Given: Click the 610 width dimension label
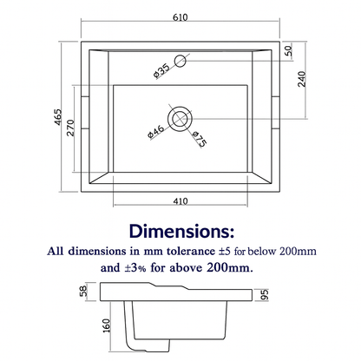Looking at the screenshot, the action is pos(180,17).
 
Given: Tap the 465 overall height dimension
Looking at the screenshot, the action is pos(58,117).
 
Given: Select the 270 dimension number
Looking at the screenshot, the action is pos(70,128).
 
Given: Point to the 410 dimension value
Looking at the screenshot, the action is pos(180,200).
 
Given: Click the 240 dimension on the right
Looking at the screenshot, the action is pos(302,79).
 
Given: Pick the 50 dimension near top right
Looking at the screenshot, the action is pos(289,51).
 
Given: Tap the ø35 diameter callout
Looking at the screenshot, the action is pos(161,71).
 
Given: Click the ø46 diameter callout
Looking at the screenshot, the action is pos(156,132).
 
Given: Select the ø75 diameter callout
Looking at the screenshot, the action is pos(200,139).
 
